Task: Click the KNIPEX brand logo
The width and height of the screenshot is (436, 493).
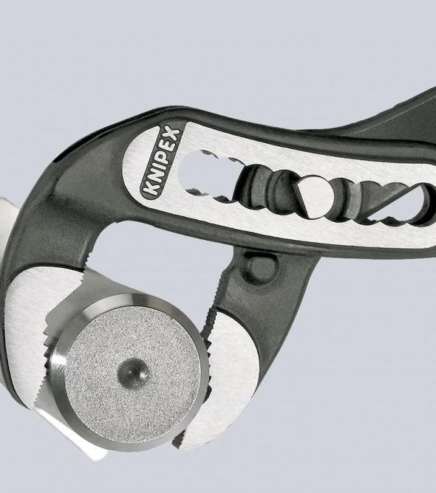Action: coord(160,162)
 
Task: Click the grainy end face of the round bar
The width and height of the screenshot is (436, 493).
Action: coord(132,372)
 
